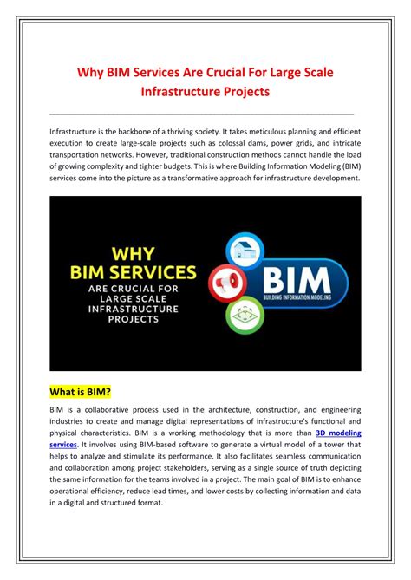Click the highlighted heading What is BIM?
(x=81, y=392)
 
